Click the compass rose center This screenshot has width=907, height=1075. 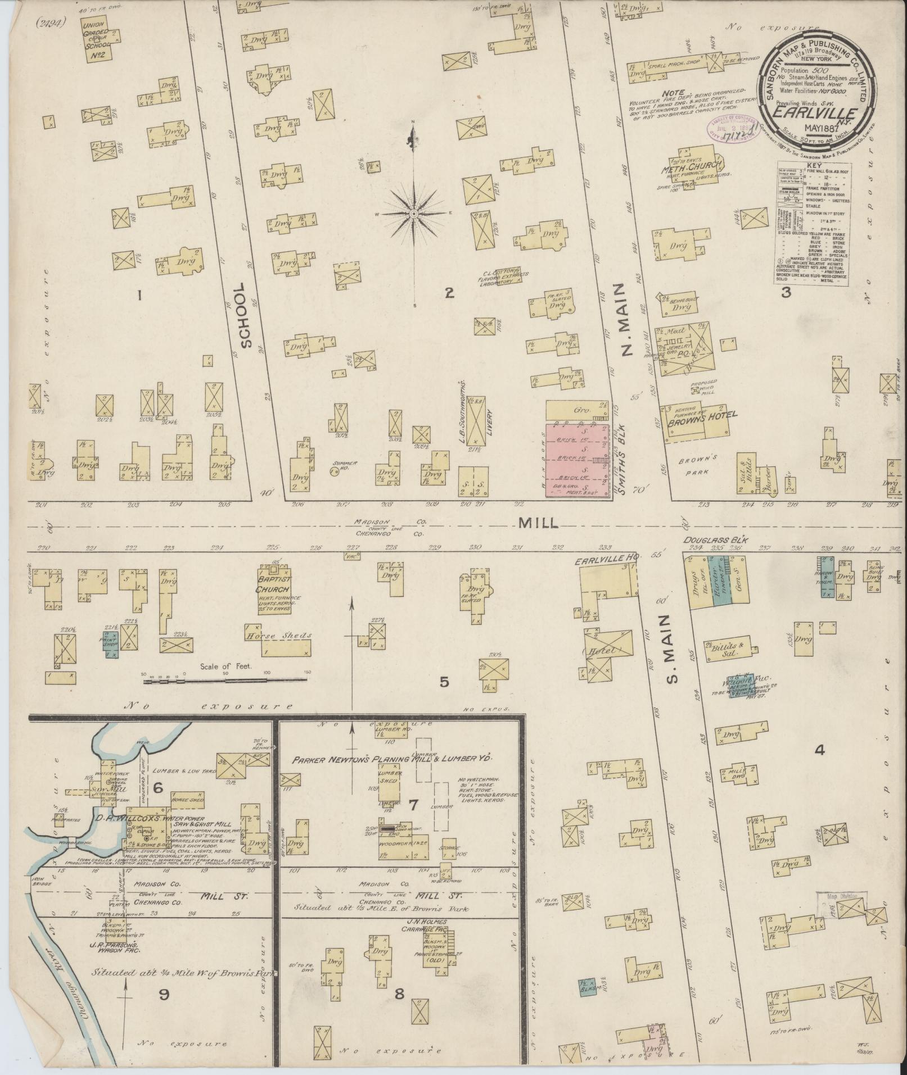point(413,214)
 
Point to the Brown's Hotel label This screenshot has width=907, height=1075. point(702,416)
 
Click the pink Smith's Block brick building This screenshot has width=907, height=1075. point(578,460)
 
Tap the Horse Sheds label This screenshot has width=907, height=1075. point(278,636)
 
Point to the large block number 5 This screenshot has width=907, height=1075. point(444,682)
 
